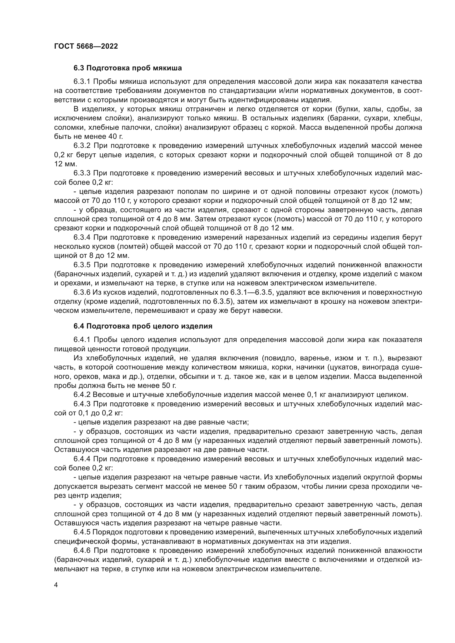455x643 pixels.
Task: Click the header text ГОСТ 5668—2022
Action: (x=86, y=46)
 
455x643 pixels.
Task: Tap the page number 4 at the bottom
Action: (x=56, y=586)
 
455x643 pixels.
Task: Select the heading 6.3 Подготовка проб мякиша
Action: (x=127, y=68)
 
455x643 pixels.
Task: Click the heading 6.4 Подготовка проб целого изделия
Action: (x=143, y=326)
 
